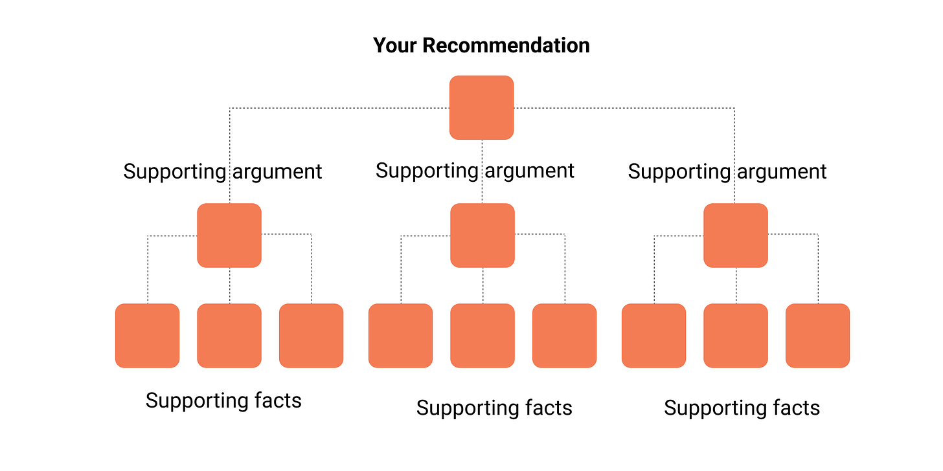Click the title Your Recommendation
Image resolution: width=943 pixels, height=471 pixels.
pyautogui.click(x=481, y=45)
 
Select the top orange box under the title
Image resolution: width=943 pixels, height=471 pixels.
pyautogui.click(x=481, y=107)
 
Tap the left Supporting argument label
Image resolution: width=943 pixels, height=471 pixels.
pyautogui.click(x=223, y=171)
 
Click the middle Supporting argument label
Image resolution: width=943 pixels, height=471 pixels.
pyautogui.click(x=475, y=171)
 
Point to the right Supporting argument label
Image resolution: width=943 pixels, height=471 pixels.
pyautogui.click(x=727, y=171)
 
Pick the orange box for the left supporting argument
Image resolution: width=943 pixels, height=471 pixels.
pyautogui.click(x=229, y=235)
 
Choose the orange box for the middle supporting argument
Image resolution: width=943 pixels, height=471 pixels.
pyautogui.click(x=483, y=235)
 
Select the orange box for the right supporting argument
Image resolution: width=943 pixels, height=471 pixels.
pyautogui.click(x=736, y=235)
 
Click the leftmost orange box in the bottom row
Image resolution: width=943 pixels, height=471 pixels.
pyautogui.click(x=147, y=335)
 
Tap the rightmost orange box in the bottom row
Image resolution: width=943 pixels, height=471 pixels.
pyautogui.click(x=817, y=335)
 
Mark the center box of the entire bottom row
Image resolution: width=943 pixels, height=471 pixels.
pyautogui.click(x=483, y=335)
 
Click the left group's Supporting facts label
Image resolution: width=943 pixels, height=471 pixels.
pyautogui.click(x=223, y=400)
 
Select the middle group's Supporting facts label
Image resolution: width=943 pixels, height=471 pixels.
pyautogui.click(x=494, y=408)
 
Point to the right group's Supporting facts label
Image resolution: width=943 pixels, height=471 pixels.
pyautogui.click(x=742, y=408)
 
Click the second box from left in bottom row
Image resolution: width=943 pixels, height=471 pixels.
pyautogui.click(x=229, y=335)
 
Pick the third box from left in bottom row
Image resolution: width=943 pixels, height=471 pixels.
pyautogui.click(x=311, y=335)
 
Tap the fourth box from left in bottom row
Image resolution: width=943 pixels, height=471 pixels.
pyautogui.click(x=400, y=335)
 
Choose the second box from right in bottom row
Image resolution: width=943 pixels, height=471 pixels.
pyautogui.click(x=736, y=335)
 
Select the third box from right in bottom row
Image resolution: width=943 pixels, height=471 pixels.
pyautogui.click(x=653, y=335)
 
